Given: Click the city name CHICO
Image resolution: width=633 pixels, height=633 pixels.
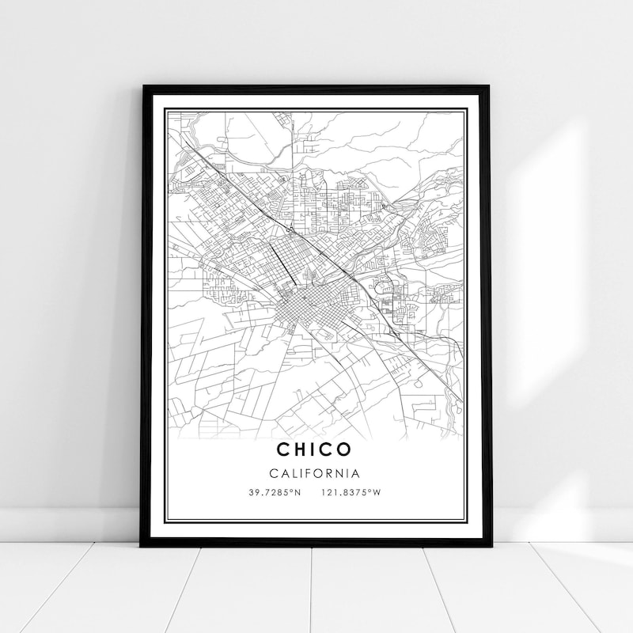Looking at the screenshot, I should tap(314, 449).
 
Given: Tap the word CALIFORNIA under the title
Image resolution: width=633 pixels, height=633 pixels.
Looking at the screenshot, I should tap(315, 474).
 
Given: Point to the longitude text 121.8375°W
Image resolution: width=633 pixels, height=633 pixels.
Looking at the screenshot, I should tap(351, 493).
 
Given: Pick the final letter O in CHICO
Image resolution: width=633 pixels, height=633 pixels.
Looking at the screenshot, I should tap(344, 449).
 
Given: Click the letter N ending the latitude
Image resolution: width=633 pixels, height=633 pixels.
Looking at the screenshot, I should tap(298, 493).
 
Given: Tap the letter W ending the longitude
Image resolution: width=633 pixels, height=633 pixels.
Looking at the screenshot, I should tap(377, 493).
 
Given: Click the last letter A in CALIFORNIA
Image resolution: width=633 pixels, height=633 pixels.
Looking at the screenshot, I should tap(357, 474).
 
